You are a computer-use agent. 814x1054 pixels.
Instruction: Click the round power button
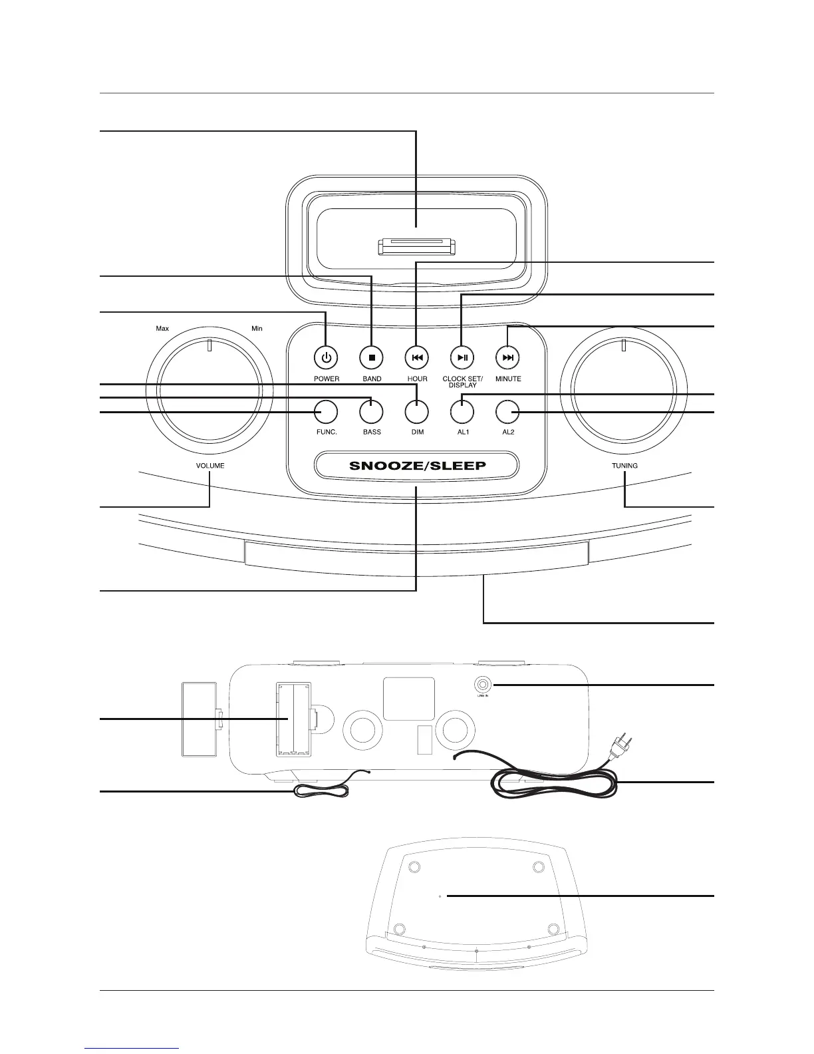tap(326, 357)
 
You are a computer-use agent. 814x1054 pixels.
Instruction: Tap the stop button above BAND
tap(372, 357)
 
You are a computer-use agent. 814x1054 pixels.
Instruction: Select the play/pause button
tap(463, 357)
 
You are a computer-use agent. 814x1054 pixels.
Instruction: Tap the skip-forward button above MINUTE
tap(508, 357)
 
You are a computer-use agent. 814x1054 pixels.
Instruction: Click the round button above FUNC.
tap(326, 413)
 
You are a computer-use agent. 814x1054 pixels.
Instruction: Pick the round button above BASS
tap(371, 413)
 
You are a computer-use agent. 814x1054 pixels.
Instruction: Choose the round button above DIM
tap(417, 413)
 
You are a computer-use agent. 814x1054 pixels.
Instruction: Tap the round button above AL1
tap(463, 413)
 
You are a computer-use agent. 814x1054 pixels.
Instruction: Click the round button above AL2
tap(507, 413)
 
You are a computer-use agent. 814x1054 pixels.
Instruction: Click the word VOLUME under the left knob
tap(210, 466)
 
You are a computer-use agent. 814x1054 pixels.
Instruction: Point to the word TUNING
tap(624, 466)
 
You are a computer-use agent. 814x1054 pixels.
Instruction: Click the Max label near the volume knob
tap(162, 329)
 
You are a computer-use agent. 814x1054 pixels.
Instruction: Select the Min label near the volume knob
tap(257, 329)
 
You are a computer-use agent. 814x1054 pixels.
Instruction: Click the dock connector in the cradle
tap(416, 248)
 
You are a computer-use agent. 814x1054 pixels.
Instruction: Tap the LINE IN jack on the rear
tap(482, 685)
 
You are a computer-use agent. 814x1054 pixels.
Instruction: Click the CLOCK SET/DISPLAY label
tap(463, 382)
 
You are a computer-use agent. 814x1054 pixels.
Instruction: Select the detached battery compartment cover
tap(200, 718)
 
